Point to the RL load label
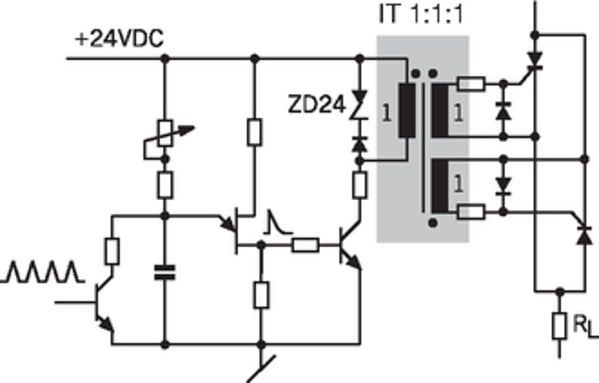[580, 327]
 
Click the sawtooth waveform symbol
[42, 272]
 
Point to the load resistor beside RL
[560, 325]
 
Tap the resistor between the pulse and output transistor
[305, 244]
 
